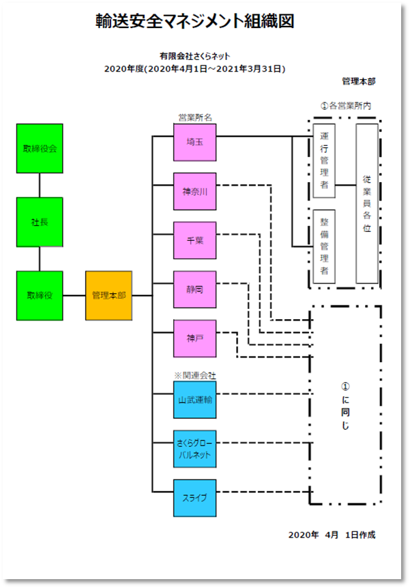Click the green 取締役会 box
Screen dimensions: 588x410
pyautogui.click(x=40, y=148)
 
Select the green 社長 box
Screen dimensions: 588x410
pyautogui.click(x=40, y=222)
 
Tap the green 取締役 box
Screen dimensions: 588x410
pyautogui.click(x=40, y=295)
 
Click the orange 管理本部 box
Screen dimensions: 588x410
pyautogui.click(x=108, y=295)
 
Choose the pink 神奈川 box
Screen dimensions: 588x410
pyautogui.click(x=194, y=191)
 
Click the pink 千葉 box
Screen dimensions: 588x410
pyautogui.click(x=194, y=240)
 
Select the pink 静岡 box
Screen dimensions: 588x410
pyautogui.click(x=194, y=289)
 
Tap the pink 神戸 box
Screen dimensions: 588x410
pyautogui.click(x=194, y=338)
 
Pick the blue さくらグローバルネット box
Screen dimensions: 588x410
pyautogui.click(x=194, y=449)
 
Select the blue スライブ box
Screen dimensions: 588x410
pyautogui.click(x=194, y=498)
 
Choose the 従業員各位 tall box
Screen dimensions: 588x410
pyautogui.click(x=366, y=203)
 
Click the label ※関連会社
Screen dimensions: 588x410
pyautogui.click(x=196, y=375)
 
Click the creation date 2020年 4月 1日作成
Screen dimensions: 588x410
pyautogui.click(x=332, y=535)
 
